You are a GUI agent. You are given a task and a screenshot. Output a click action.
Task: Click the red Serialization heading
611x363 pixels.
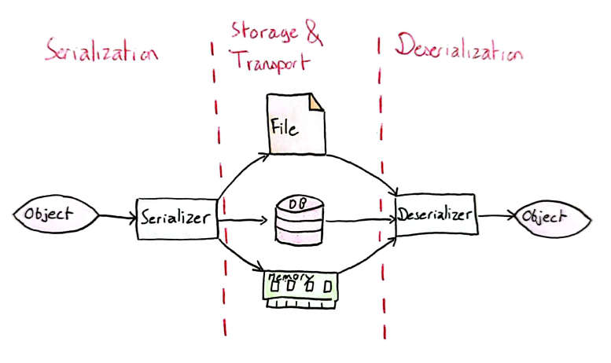101,53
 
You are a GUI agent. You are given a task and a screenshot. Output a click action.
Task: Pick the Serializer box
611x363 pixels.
177,216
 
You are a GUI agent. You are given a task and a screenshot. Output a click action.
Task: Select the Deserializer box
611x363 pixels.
435,214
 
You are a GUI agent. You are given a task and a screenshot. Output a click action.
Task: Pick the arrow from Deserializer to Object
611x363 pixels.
495,215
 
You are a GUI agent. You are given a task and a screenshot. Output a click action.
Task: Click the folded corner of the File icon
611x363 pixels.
315,103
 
